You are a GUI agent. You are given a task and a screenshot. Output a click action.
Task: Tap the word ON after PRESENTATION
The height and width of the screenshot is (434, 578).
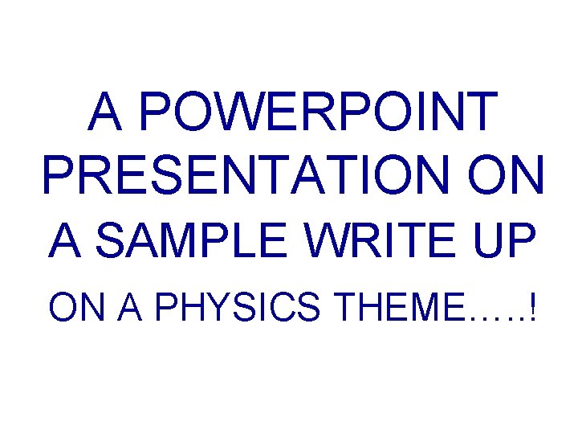[x=504, y=174]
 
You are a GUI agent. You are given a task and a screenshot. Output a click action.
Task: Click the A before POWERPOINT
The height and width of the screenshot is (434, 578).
[x=106, y=113]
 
